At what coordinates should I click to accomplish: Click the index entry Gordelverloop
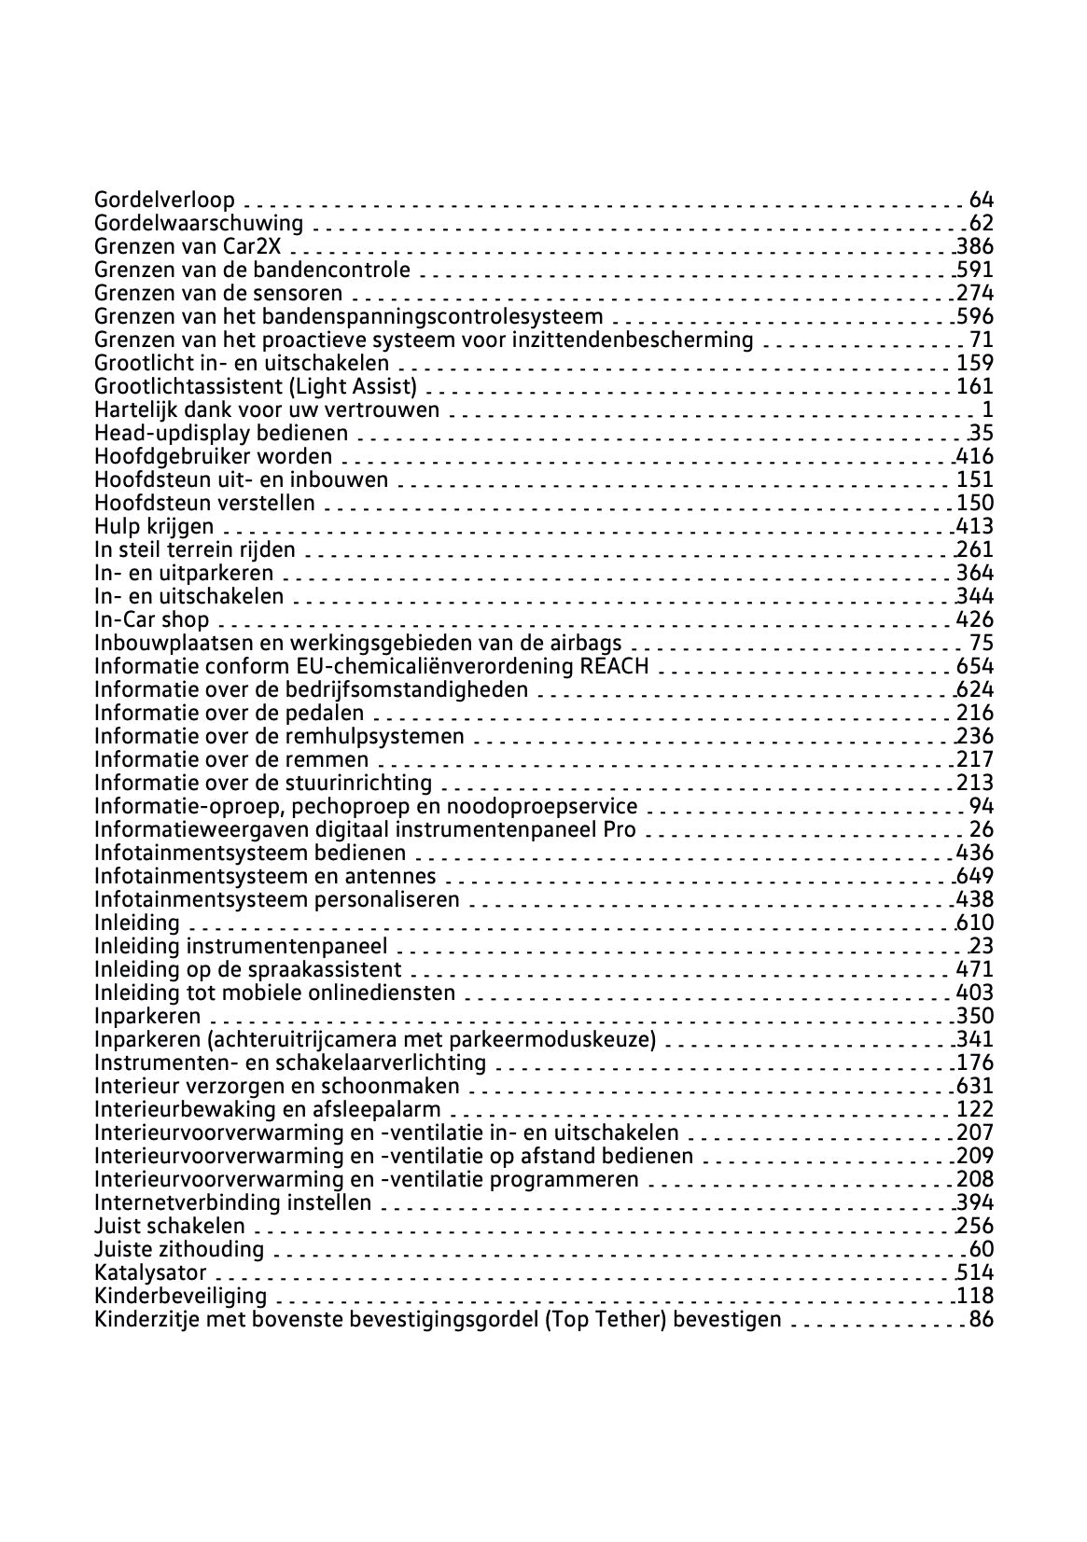coord(164,200)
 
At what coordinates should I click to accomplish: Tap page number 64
coord(982,200)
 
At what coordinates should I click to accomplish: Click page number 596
coord(975,316)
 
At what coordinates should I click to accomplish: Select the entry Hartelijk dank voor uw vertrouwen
coord(267,410)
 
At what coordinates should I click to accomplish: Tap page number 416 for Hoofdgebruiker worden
coord(975,456)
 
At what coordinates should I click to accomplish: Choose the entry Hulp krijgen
coord(154,526)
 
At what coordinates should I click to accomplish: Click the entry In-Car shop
coord(152,619)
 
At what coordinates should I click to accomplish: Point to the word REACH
coord(614,666)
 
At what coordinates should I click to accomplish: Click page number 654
coord(975,666)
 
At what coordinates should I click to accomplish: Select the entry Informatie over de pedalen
coord(230,713)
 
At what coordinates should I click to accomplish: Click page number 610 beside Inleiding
coord(975,923)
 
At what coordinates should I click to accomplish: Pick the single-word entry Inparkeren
coord(147,1016)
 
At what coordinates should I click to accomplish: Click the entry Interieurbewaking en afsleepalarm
coord(268,1109)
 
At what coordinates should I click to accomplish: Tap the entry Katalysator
coord(150,1272)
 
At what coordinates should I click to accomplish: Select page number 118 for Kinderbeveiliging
coord(975,1296)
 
